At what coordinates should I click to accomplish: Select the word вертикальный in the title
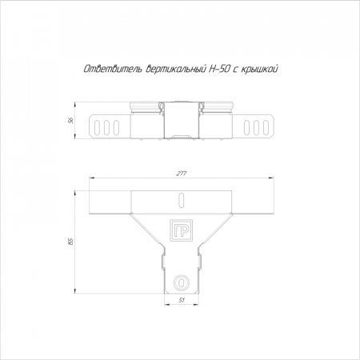pos(175,70)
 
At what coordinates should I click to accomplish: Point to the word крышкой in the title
pos(260,70)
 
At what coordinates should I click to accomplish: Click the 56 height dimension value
pos(71,121)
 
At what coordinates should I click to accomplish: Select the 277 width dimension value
pos(182,174)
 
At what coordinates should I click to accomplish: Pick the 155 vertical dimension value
pos(70,242)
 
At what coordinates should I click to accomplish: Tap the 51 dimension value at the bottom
pos(182,300)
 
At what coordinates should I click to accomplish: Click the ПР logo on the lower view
pos(182,230)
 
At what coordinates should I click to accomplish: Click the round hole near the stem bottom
pos(182,282)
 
